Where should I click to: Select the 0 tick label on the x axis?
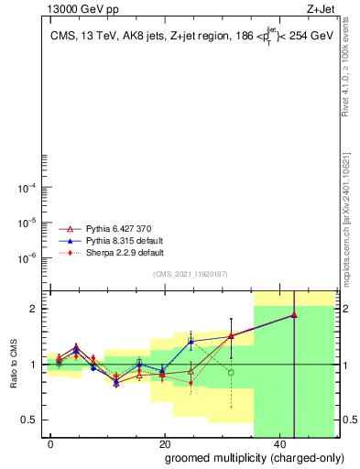(50, 443)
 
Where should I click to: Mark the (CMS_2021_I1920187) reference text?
(190, 274)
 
